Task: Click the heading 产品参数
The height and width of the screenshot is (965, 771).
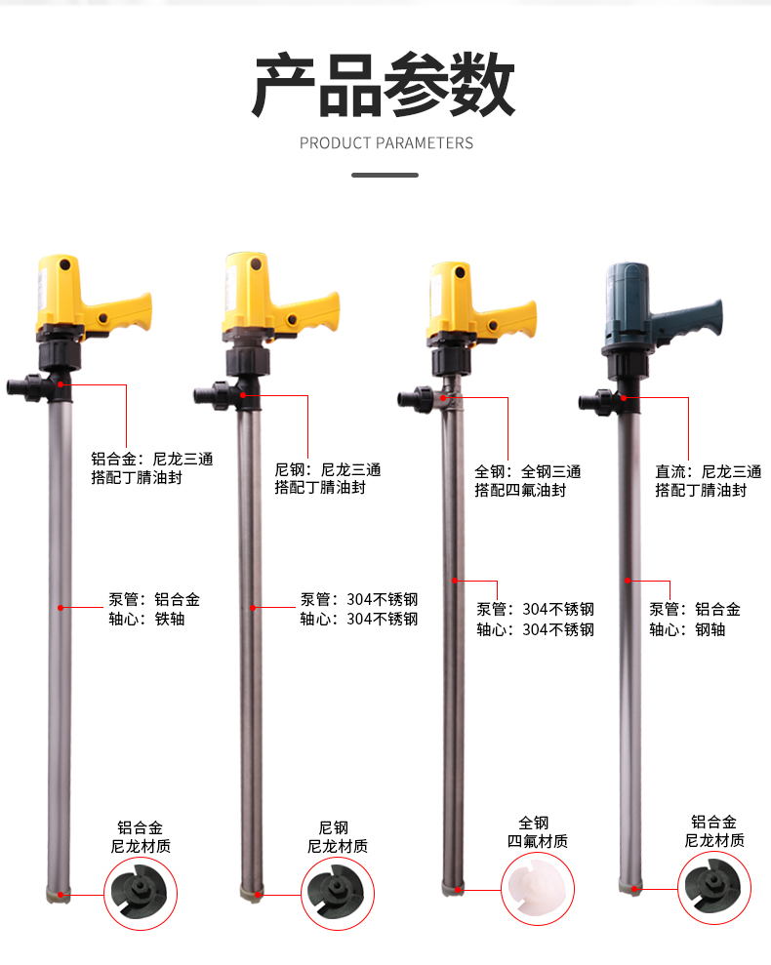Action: [x=383, y=85]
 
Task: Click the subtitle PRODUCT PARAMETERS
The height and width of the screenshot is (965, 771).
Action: [x=386, y=143]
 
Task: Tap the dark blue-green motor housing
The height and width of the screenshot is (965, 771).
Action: [x=627, y=306]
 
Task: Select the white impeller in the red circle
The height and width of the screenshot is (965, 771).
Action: [x=537, y=889]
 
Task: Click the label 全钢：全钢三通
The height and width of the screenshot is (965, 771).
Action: [x=528, y=472]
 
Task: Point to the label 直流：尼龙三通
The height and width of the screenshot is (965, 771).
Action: [x=709, y=472]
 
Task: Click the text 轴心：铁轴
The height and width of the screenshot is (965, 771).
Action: [x=146, y=619]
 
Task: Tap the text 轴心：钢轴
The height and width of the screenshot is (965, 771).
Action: [x=687, y=629]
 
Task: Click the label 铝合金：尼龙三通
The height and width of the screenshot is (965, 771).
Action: [x=152, y=460]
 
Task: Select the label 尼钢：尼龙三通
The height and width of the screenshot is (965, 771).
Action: [x=328, y=470]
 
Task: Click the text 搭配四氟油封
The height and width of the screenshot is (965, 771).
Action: [x=520, y=491]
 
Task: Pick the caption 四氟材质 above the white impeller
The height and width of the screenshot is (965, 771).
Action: [x=538, y=841]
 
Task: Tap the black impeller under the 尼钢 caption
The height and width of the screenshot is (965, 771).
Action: [x=337, y=892]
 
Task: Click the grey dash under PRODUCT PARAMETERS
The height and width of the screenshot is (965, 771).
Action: [x=385, y=176]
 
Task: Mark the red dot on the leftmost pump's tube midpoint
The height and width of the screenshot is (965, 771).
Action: [x=61, y=608]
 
